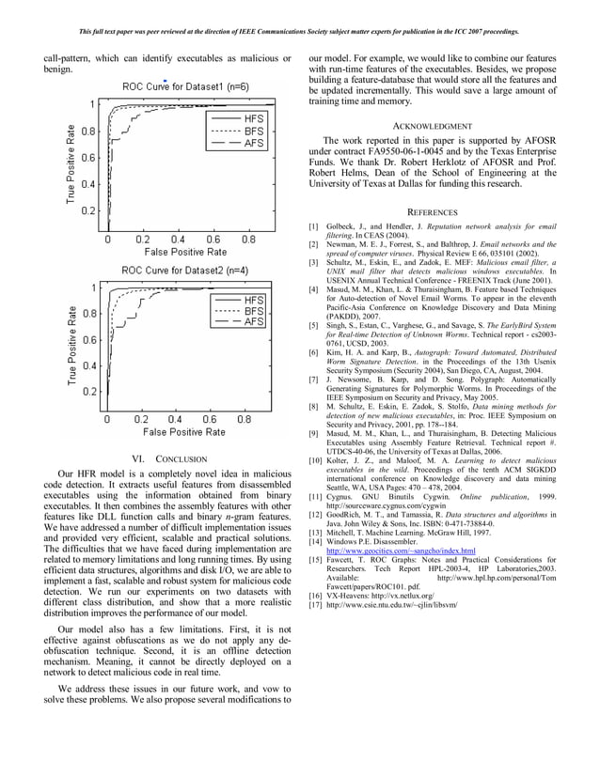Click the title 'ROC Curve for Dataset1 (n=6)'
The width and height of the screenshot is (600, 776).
pyautogui.click(x=185, y=87)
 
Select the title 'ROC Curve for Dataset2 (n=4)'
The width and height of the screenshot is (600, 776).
pyautogui.click(x=184, y=271)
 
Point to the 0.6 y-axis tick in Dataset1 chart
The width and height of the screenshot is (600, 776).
pyautogui.click(x=87, y=158)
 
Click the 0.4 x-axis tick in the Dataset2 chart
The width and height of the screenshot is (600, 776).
pyautogui.click(x=176, y=419)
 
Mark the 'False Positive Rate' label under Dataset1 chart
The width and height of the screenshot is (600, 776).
pyautogui.click(x=184, y=251)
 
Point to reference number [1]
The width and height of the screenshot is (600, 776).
pyautogui.click(x=314, y=227)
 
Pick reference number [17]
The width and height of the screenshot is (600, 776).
pyautogui.click(x=315, y=605)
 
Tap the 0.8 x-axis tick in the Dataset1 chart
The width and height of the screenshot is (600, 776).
pyautogui.click(x=246, y=239)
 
